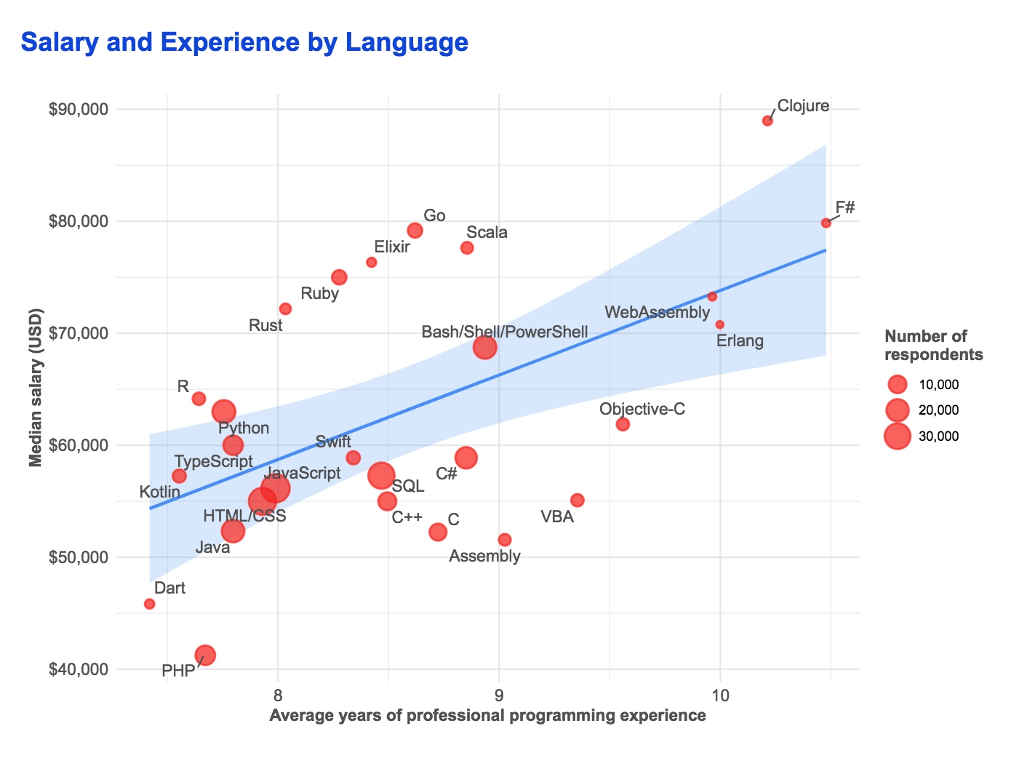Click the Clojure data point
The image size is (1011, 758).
point(767,121)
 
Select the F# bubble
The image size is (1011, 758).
point(826,223)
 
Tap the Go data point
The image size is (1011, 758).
point(415,231)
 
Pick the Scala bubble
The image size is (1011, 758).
point(467,248)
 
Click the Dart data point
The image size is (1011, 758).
point(150,604)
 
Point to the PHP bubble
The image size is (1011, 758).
point(206,655)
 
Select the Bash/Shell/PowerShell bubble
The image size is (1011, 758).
point(485,348)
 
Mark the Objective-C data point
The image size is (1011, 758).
point(623,424)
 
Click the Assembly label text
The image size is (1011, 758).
point(484,556)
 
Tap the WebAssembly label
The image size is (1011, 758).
point(657,313)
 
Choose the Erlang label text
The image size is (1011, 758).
point(740,340)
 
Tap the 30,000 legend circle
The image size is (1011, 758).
point(898,436)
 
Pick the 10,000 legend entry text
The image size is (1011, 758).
point(939,385)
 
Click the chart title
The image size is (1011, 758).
point(244,42)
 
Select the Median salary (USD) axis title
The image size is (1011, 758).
point(35,388)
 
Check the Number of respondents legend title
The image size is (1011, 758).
point(933,346)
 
